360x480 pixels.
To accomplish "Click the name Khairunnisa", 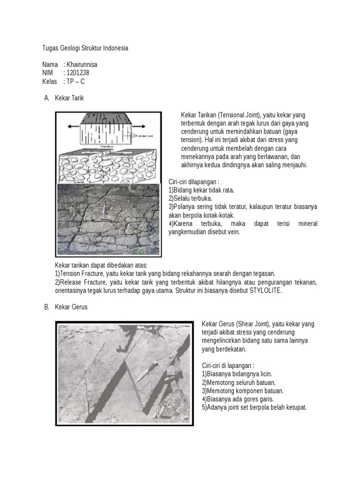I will [x=82, y=64].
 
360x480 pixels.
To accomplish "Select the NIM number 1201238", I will [x=78, y=73].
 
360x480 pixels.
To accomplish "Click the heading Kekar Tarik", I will [x=69, y=98].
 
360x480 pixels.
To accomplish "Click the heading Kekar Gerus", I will [x=71, y=307].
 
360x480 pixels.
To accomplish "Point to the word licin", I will [x=264, y=374].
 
